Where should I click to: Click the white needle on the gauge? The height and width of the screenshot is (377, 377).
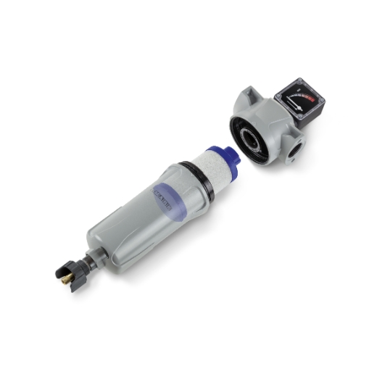(x=298, y=103)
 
